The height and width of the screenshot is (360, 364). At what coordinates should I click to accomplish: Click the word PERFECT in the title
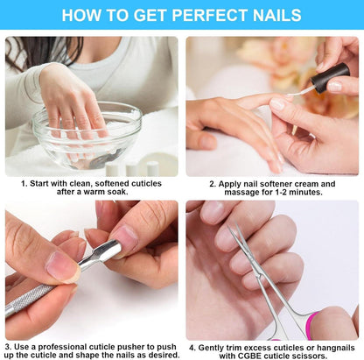click(210, 15)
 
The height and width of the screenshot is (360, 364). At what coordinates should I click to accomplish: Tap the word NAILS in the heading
click(277, 15)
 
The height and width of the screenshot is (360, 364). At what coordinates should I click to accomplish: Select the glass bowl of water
click(87, 135)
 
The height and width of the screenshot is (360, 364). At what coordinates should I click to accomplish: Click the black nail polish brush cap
click(330, 77)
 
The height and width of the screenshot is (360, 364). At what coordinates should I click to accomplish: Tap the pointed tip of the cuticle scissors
click(228, 226)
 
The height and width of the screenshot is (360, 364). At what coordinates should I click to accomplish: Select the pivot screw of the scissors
click(258, 275)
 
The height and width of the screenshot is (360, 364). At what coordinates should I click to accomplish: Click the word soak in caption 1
click(118, 192)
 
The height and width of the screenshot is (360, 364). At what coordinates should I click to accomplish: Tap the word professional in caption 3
click(63, 347)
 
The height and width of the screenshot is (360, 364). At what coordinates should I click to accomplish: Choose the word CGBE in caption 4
click(249, 356)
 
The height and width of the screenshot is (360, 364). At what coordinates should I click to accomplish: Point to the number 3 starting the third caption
click(8, 347)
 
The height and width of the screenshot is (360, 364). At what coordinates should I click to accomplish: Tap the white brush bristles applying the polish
click(299, 92)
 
